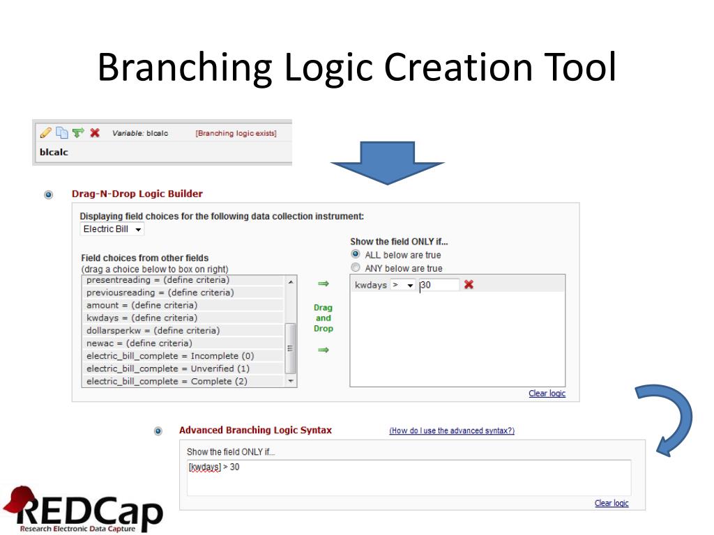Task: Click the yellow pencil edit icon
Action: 45,132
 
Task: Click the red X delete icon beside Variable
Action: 95,132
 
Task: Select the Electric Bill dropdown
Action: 112,229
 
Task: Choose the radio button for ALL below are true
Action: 356,255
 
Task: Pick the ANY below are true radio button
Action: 356,268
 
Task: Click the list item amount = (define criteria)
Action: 142,305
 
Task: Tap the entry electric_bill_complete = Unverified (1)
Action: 167,369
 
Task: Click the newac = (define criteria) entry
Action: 139,343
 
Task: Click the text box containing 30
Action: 439,285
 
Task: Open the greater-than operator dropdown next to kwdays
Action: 402,285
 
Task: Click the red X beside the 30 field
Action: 469,284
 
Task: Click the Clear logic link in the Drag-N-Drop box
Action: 547,394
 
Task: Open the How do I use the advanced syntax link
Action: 452,431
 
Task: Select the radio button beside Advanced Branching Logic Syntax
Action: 158,431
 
